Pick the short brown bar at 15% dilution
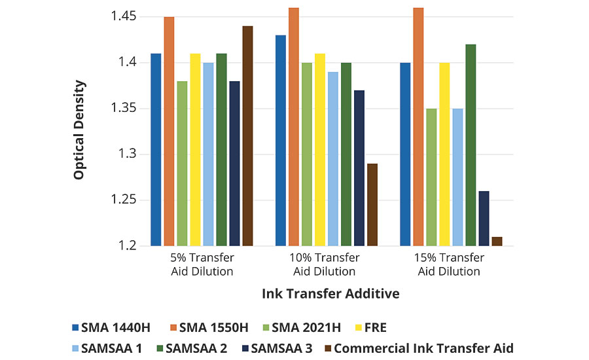497,242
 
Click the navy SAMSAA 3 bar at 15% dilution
484,218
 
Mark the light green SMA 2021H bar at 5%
182,164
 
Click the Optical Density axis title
79,130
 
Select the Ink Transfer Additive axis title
330,293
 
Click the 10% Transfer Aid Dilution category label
324,264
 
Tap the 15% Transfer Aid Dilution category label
449,264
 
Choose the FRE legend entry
387,327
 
